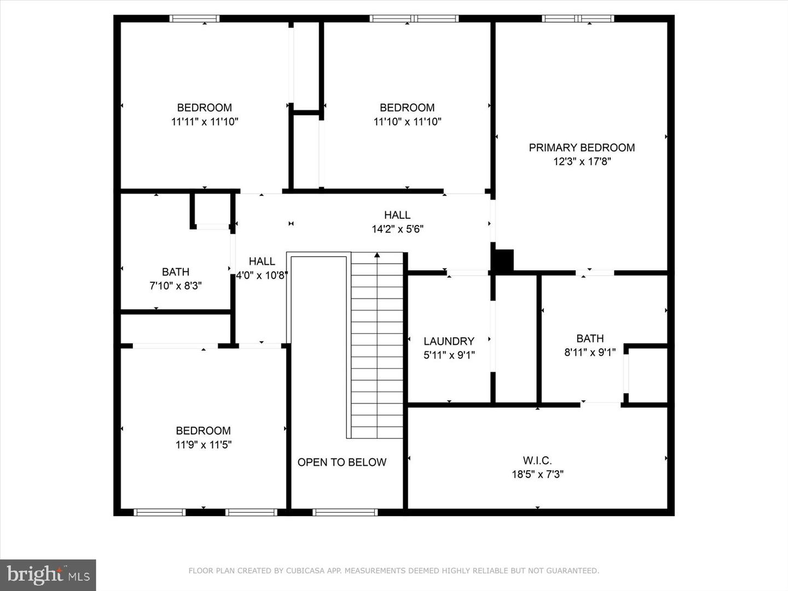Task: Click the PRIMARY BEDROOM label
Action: coord(582,148)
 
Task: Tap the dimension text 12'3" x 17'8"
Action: coord(582,161)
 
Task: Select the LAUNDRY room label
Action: coord(449,341)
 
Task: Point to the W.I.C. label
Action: coord(537,460)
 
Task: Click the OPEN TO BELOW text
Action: coord(342,462)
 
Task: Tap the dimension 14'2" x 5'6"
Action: coord(397,229)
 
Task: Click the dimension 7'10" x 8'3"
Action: coord(176,286)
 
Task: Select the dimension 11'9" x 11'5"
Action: coord(203,444)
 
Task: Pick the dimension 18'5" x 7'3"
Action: coord(537,474)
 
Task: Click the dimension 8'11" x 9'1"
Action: coord(590,352)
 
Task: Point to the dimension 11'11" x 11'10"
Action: coord(205,121)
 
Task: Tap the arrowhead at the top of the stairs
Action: coord(377,255)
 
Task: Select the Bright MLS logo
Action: coord(48,575)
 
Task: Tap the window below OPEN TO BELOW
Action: coord(345,512)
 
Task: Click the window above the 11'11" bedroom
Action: coord(194,19)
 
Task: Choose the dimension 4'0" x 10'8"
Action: coord(262,276)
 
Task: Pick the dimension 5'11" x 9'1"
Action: coord(449,355)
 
